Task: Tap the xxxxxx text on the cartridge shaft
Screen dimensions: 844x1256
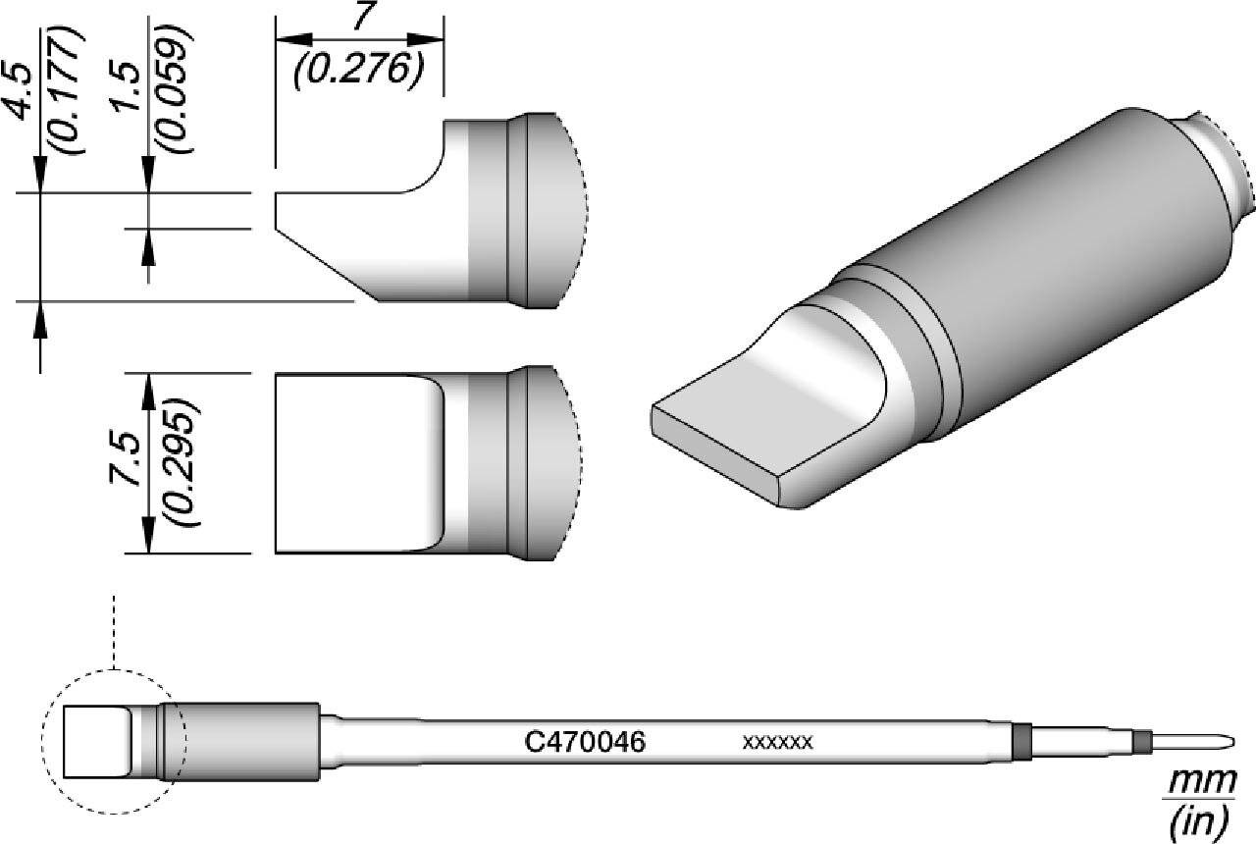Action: point(778,743)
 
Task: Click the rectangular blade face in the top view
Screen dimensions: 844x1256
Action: point(353,463)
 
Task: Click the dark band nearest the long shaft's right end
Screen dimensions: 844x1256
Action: point(1022,742)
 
